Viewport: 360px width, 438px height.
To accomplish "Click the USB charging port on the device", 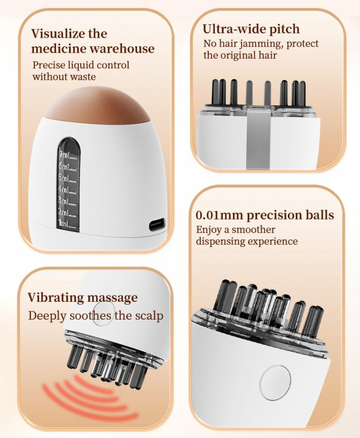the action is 157,225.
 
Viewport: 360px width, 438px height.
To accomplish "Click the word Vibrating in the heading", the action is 55,297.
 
